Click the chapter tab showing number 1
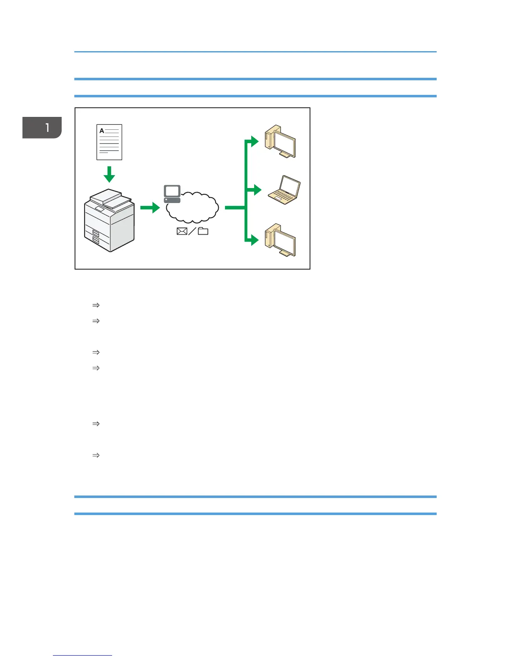[42, 127]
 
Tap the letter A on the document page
[102, 131]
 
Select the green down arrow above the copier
[109, 174]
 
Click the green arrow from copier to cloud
[150, 207]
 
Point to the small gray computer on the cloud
[172, 194]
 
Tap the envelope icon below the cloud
[182, 231]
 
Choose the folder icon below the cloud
[203, 231]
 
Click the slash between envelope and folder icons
[192, 231]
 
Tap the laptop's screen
[290, 186]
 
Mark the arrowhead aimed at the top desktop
[255, 141]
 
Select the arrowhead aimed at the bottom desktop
[255, 240]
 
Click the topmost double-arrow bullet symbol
[96, 305]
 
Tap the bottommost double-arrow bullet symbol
[96, 456]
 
